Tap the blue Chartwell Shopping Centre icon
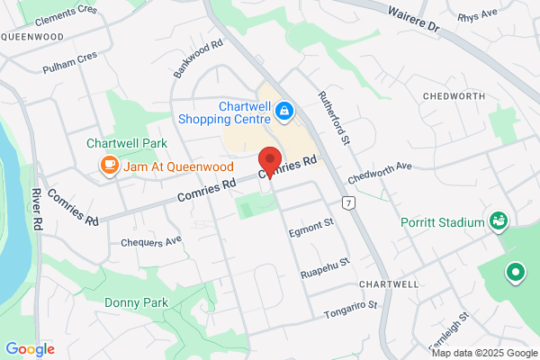(283, 111)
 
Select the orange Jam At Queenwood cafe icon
(109, 166)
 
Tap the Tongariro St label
(349, 310)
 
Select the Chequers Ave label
(151, 241)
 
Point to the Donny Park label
(134, 303)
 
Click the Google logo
(30, 348)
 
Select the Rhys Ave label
(476, 16)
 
